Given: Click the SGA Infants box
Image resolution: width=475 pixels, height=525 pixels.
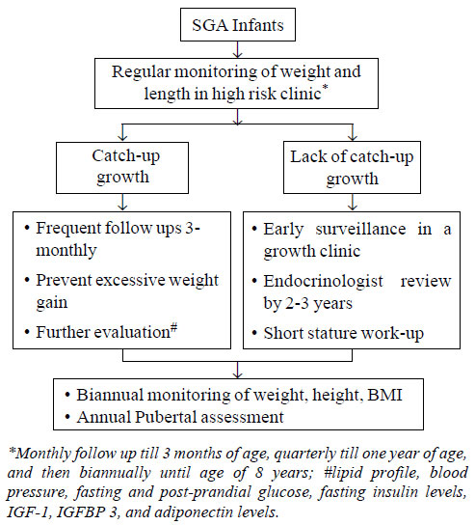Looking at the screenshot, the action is [x=238, y=25].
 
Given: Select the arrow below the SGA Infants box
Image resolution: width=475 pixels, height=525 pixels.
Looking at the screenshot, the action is [x=237, y=50].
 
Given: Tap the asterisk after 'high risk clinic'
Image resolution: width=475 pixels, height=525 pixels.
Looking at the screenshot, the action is [x=325, y=88].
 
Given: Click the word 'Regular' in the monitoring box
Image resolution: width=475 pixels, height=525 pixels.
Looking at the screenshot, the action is [x=141, y=71].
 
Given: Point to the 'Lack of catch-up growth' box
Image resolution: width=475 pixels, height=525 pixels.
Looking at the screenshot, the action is [x=352, y=167].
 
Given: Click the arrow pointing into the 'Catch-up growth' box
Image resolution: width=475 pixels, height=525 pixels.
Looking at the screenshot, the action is [x=123, y=133].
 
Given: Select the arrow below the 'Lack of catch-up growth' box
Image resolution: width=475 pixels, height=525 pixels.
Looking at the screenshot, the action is [x=353, y=203].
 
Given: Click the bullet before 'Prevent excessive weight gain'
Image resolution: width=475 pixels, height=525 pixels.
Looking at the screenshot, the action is [x=27, y=280].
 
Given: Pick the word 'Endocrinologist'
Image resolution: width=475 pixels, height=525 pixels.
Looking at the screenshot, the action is [x=323, y=281].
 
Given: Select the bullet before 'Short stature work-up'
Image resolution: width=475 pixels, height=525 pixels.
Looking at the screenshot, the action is [x=254, y=333].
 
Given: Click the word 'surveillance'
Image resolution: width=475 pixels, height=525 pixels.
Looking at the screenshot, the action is [x=360, y=229].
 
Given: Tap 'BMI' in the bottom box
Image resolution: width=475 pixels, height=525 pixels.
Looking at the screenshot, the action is [x=384, y=395].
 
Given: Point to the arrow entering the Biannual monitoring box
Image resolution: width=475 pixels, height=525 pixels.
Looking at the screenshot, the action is [x=237, y=370].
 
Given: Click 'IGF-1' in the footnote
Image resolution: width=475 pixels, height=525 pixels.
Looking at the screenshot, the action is [x=29, y=512].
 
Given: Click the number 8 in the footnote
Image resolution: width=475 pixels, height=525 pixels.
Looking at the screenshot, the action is [x=259, y=473].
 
